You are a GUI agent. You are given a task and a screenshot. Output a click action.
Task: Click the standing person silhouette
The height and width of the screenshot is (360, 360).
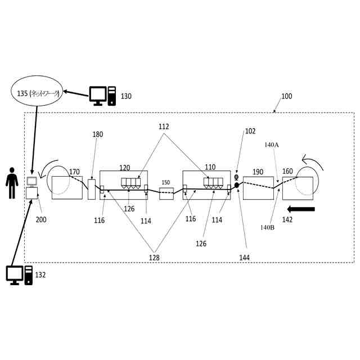[12, 182]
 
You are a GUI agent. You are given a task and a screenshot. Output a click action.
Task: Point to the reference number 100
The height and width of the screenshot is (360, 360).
[286, 97]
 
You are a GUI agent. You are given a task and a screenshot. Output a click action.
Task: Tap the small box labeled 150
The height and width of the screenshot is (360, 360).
[166, 193]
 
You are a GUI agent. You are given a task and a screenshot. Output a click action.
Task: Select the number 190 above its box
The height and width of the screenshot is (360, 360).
[258, 172]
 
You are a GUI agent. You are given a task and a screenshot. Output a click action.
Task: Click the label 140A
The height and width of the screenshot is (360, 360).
[271, 145]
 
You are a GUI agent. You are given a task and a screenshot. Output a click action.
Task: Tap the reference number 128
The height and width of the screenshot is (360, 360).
[153, 258]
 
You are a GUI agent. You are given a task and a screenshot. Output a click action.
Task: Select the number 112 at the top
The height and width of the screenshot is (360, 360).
[164, 127]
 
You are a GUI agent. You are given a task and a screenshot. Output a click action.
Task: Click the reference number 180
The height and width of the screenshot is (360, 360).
[98, 134]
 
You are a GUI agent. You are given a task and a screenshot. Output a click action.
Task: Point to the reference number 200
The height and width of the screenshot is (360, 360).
[41, 219]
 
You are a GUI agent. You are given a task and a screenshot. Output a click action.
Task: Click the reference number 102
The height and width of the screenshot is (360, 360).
[250, 131]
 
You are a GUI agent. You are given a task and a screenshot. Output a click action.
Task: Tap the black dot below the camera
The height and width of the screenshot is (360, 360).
[237, 185]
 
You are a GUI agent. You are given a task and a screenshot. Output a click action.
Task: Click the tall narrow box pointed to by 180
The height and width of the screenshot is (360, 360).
[92, 189]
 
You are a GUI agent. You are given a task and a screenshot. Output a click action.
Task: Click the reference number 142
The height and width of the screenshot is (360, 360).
[287, 220]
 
